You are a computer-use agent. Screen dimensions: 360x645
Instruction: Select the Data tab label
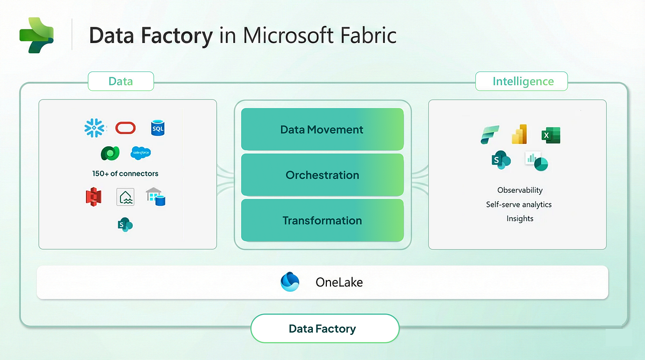tap(120, 81)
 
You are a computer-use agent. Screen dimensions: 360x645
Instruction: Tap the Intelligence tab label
tap(522, 81)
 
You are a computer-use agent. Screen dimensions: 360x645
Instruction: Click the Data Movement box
tap(322, 129)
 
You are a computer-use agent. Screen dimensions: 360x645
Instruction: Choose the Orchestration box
tap(322, 175)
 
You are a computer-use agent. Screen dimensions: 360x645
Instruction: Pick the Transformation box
tap(322, 221)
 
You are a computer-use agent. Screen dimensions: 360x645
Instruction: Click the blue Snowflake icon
tap(95, 128)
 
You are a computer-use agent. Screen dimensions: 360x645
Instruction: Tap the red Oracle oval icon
tap(125, 128)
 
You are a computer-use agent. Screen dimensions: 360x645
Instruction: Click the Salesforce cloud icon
tap(141, 153)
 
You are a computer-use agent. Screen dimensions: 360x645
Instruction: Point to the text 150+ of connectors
tap(125, 174)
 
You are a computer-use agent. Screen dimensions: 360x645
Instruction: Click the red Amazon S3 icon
tap(94, 197)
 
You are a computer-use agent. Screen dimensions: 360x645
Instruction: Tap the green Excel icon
tap(550, 135)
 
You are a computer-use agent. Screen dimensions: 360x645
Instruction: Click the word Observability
tap(519, 190)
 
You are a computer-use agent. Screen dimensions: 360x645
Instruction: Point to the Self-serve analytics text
tap(519, 204)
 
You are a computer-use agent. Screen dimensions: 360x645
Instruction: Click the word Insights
tap(519, 219)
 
